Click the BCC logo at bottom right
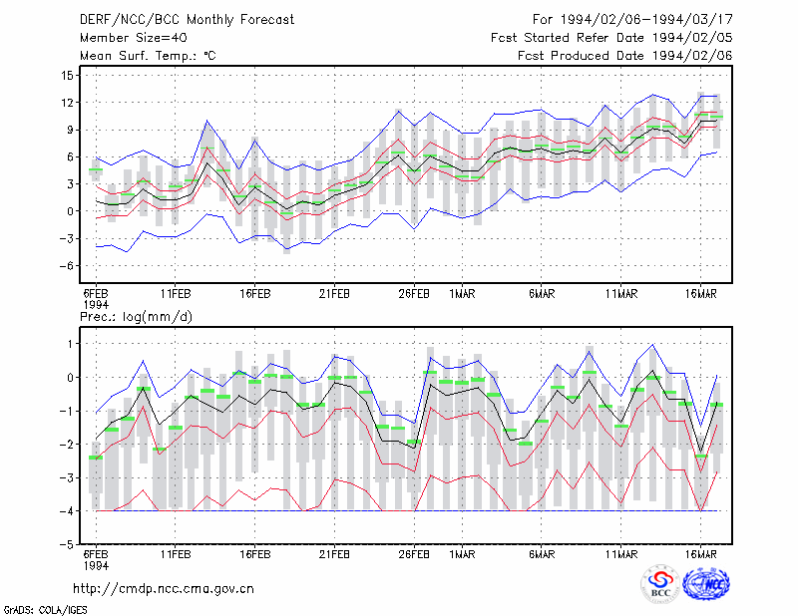[660, 584]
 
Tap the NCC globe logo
[706, 583]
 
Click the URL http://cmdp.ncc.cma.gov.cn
[164, 589]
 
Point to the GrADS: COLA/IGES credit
[45, 610]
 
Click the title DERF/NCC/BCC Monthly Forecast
[187, 20]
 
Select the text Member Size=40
[134, 38]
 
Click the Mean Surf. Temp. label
[148, 56]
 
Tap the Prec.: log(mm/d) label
[136, 317]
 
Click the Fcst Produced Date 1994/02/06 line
[625, 56]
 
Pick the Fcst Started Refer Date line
[611, 38]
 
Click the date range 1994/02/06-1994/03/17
[646, 20]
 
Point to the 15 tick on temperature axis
[67, 76]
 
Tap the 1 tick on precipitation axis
[70, 344]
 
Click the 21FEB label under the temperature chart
[334, 294]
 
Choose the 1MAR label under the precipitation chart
[462, 554]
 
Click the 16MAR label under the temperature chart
[700, 294]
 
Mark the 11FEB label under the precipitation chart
[176, 554]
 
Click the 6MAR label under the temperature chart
[542, 294]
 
